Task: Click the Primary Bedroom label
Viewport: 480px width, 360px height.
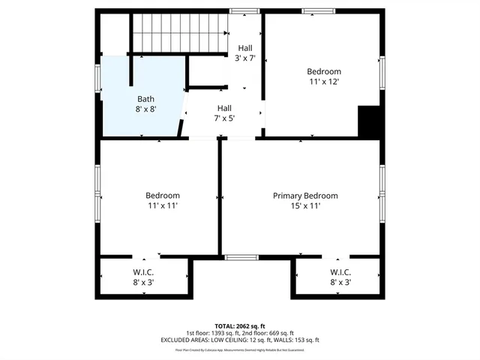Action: [304, 196]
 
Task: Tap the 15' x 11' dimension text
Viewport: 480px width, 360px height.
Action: [304, 205]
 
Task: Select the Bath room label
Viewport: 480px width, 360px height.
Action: [146, 99]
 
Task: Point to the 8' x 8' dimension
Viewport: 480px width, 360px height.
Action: [146, 109]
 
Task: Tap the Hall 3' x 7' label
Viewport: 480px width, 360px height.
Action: [245, 52]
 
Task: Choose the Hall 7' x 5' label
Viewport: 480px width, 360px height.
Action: [225, 112]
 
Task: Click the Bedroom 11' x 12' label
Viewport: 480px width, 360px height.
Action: [324, 76]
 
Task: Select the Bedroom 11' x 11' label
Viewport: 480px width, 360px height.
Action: [163, 200]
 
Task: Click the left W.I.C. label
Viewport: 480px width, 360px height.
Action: [142, 277]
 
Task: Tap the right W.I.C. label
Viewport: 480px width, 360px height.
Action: [340, 277]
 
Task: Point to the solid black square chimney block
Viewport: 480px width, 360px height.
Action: [370, 121]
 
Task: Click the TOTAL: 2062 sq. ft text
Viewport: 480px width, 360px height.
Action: [240, 326]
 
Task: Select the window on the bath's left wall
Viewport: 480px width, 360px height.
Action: [97, 79]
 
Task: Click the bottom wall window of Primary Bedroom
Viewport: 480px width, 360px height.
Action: [241, 257]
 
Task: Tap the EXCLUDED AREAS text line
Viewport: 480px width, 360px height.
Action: [240, 340]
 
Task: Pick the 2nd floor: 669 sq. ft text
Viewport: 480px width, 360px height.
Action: [271, 333]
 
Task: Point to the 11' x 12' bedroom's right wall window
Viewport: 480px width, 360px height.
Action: [382, 71]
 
